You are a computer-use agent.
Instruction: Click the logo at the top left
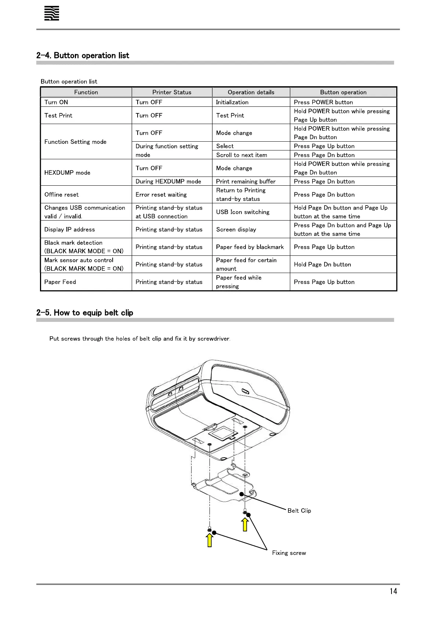pos(51,14)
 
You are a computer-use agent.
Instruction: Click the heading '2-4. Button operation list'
pos(83,55)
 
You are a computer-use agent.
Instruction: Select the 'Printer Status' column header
pos(172,92)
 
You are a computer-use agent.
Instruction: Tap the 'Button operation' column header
pos(343,92)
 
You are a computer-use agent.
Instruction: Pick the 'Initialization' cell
pos(232,102)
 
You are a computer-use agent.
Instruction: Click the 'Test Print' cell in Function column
pos(58,115)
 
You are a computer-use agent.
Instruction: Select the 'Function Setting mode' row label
pos(75,142)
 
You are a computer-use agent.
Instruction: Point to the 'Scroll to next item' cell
pos(241,155)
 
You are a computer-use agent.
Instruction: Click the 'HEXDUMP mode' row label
pos(67,172)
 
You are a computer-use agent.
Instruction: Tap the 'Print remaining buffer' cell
pos(245,181)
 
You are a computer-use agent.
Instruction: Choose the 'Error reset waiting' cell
pos(161,195)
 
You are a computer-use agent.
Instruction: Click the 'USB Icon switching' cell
pos(243,212)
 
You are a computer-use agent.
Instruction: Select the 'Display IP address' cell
pos(69,229)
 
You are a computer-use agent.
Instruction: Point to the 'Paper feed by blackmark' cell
pos(250,247)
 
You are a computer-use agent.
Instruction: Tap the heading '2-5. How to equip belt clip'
pos(84,313)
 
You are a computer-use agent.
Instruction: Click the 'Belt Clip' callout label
pos(299,510)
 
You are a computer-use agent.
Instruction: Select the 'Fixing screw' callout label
pos(289,553)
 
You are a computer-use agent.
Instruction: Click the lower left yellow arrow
pos(210,540)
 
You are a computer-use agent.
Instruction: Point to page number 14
pos(393,591)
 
